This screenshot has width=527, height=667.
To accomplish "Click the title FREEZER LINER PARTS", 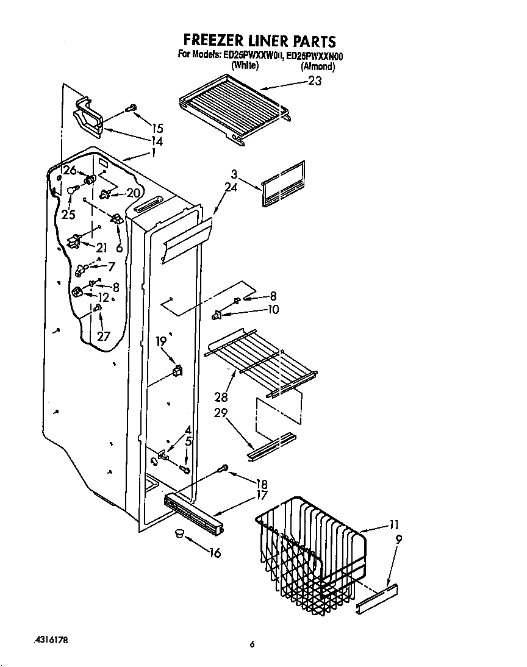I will tap(259, 41).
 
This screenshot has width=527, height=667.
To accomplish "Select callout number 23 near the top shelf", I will tap(314, 81).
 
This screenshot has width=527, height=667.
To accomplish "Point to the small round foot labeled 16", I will tap(179, 533).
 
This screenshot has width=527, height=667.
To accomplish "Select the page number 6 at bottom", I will tap(251, 644).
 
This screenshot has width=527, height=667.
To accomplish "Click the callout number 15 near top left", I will tap(157, 128).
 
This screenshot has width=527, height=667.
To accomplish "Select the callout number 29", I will tap(220, 413).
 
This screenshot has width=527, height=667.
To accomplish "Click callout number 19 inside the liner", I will tap(161, 341).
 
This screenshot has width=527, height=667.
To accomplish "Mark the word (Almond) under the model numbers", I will tap(318, 66).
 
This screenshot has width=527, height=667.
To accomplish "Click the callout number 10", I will tap(273, 310).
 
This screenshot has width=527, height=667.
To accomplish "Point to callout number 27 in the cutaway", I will tap(104, 335).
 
